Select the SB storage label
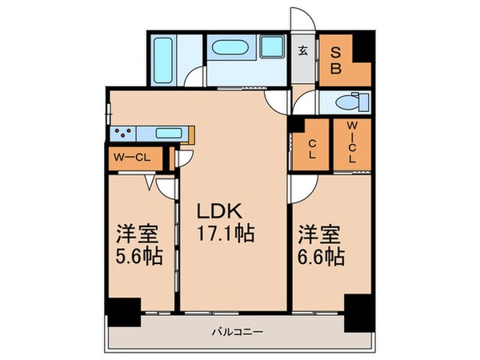337,60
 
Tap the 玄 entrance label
304,51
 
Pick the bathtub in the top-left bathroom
167,58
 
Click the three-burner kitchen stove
123,134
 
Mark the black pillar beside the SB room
363,46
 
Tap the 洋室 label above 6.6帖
319,235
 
